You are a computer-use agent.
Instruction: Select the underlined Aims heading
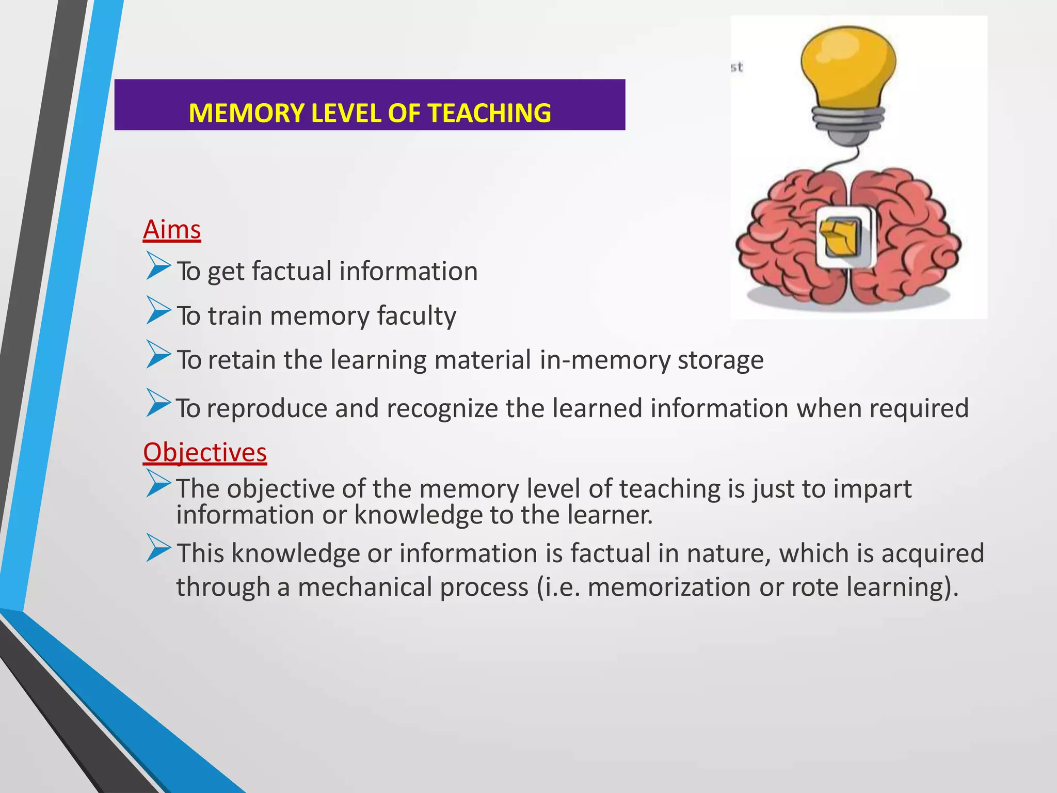click(x=172, y=230)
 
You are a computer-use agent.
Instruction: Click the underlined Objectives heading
click(x=205, y=453)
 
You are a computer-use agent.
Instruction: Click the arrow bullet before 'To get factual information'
click(x=158, y=265)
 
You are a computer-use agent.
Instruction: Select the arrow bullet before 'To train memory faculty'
click(x=158, y=310)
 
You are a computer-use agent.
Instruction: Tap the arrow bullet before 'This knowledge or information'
click(x=158, y=547)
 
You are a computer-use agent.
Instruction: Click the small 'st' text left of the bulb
click(x=737, y=67)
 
